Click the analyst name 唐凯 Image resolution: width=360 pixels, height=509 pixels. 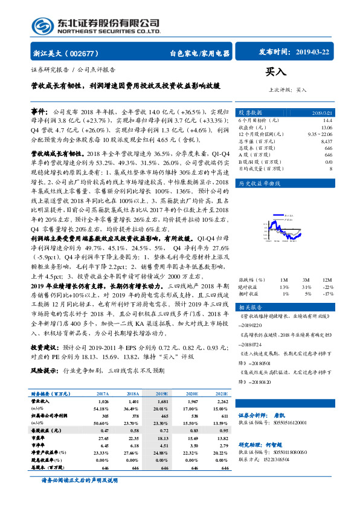[295, 432]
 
